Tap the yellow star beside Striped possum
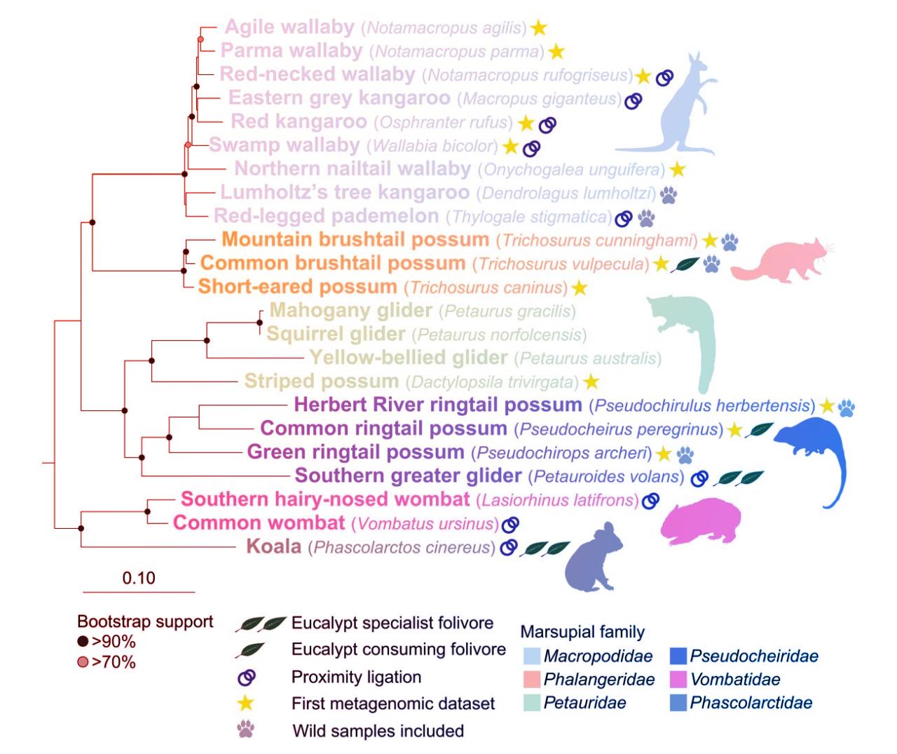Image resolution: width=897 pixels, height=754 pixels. pos(591,382)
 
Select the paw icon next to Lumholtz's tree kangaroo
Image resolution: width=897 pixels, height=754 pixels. pos(669,194)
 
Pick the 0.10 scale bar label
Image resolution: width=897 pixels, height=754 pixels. pos(138,578)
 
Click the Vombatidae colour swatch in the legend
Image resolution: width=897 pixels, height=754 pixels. pos(677,679)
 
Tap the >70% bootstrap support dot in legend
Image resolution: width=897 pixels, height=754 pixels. pos(83,661)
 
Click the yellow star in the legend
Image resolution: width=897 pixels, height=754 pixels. pos(246,703)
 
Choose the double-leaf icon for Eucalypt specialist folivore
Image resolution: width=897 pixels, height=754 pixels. pos(261,624)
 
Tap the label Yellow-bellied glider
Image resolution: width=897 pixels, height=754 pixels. pos(408,358)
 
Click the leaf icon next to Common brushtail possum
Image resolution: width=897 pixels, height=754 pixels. pos(683,264)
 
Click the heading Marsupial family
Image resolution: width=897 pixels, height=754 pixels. pos(582,631)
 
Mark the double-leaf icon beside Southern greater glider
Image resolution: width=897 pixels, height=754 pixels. pos(739,478)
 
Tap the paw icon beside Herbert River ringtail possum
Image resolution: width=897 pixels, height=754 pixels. pos(847,406)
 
